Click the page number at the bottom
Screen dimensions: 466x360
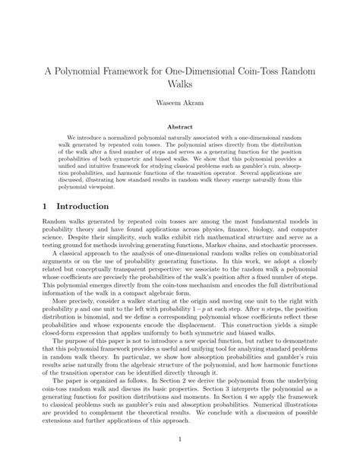tap(180, 439)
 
